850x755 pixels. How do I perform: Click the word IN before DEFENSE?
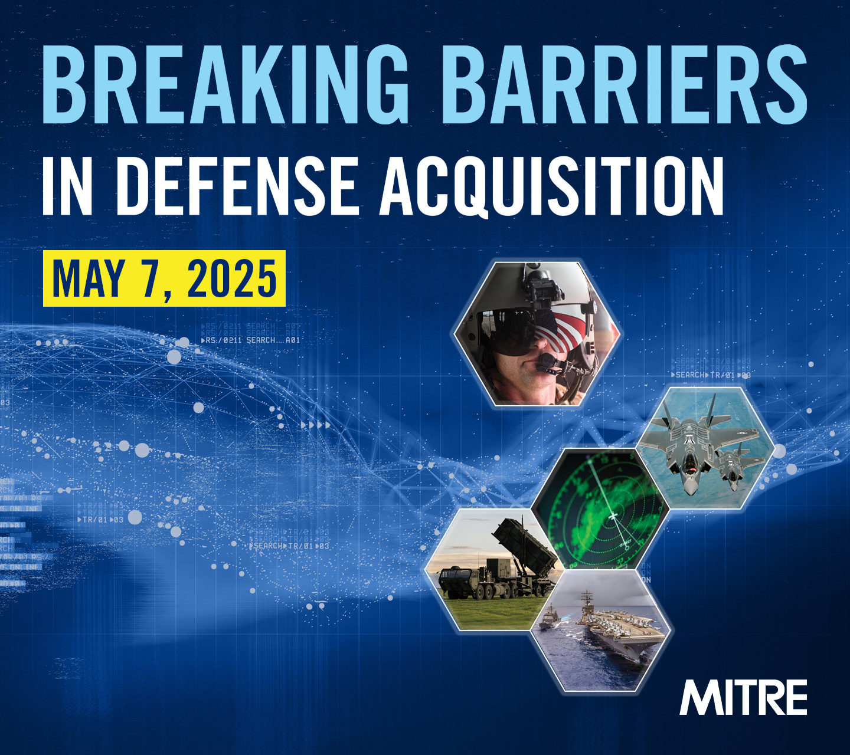[x=67, y=186]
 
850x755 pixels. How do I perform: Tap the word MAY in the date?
[x=89, y=278]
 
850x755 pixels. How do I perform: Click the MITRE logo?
[x=743, y=698]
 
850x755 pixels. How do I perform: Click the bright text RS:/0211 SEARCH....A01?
[x=251, y=340]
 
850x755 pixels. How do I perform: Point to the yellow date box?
[x=164, y=278]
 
